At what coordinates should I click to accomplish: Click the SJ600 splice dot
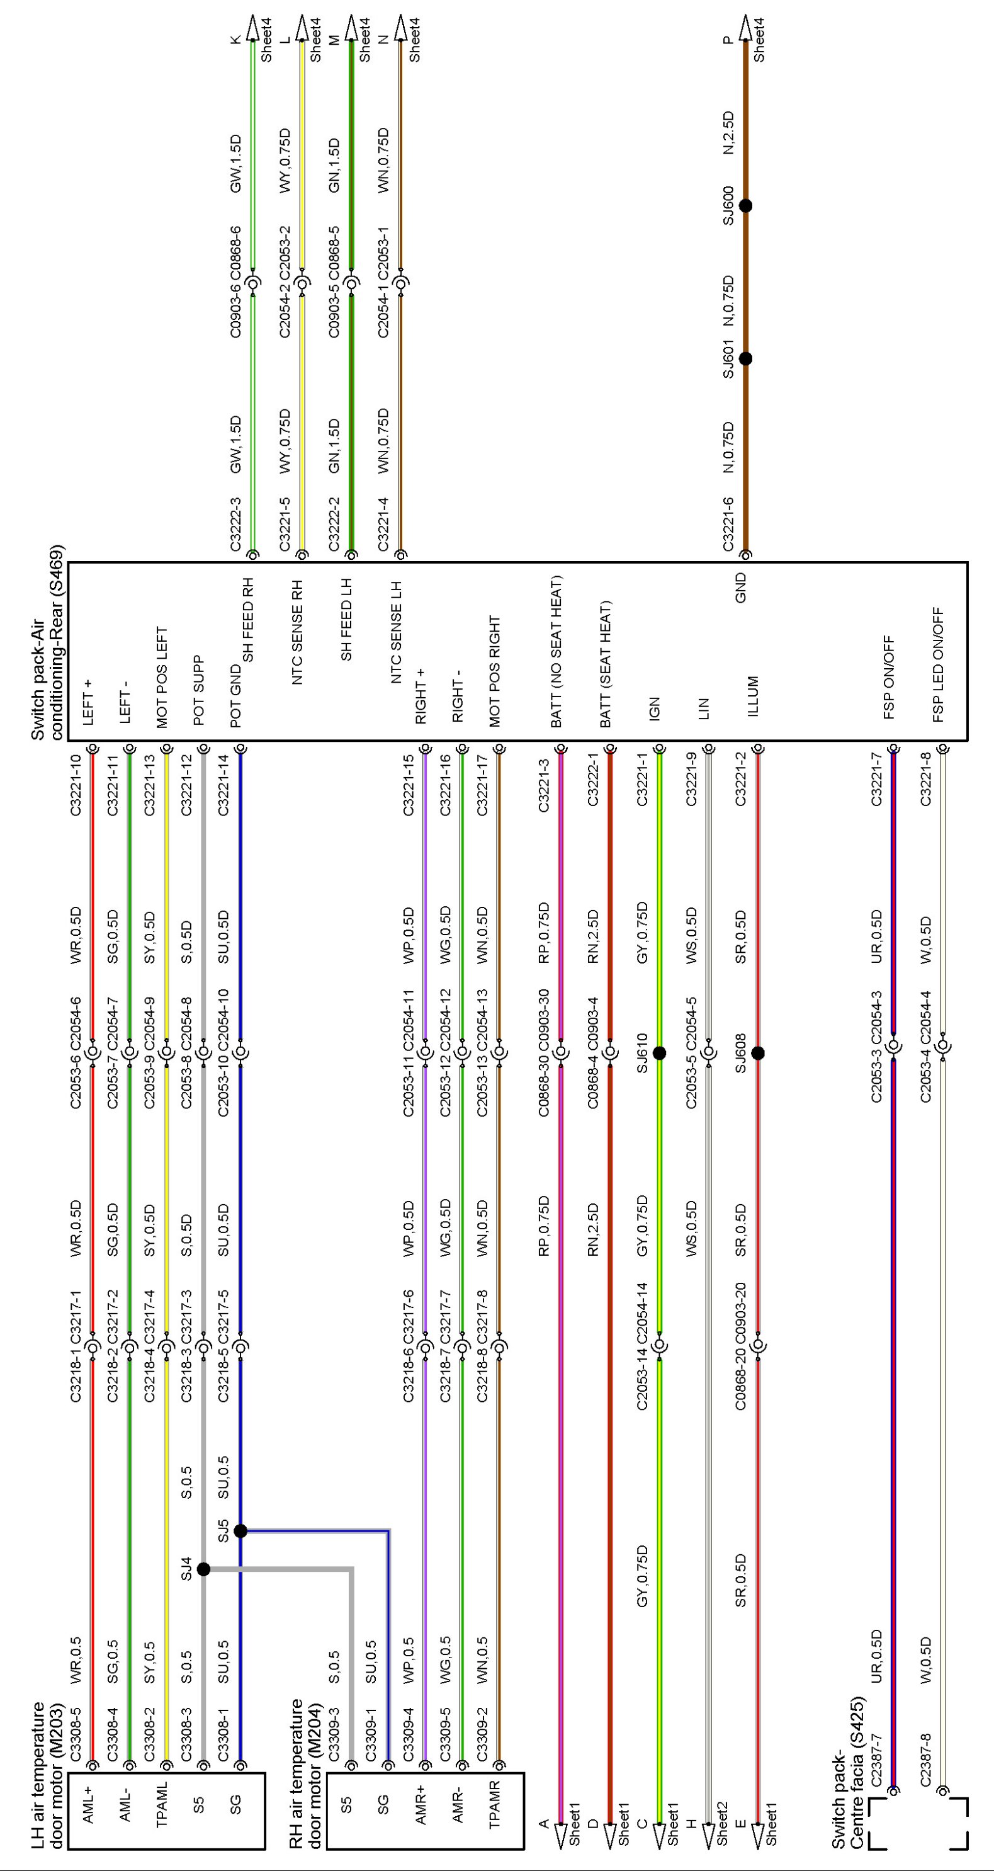[745, 205]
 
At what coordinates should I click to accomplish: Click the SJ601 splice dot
[745, 359]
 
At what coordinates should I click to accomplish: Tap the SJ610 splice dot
[659, 1052]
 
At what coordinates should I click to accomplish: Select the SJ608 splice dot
[758, 1052]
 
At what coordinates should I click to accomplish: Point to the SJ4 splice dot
[204, 1569]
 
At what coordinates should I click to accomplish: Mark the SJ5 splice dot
[241, 1531]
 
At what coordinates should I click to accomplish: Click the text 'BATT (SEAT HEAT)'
[606, 664]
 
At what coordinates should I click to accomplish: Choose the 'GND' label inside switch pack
[740, 588]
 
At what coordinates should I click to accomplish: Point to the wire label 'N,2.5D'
[728, 132]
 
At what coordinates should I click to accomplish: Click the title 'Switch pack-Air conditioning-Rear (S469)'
[47, 642]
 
